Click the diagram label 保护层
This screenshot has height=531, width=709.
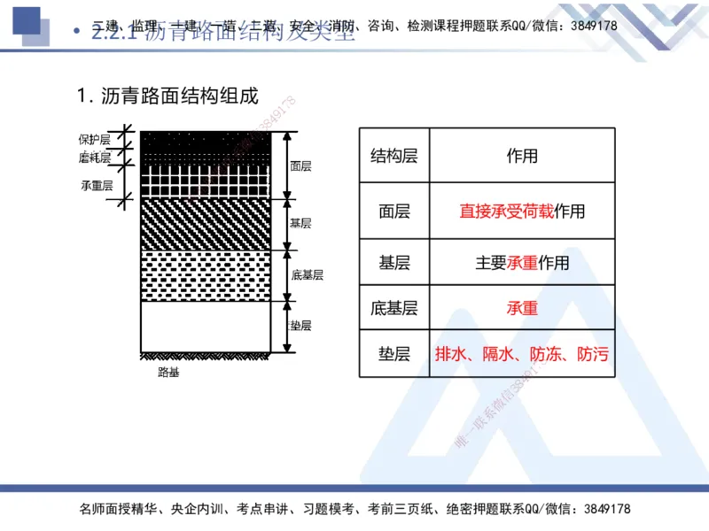[94, 139]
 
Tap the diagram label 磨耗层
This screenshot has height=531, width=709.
[94, 158]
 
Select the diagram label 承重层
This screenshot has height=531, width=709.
[97, 185]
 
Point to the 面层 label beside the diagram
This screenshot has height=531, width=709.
[300, 165]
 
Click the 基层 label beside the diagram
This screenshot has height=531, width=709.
[300, 223]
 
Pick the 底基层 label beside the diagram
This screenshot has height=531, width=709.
[307, 274]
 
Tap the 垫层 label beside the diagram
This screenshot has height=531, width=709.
[300, 325]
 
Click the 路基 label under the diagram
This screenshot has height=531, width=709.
[168, 373]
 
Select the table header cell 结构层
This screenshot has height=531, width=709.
[393, 156]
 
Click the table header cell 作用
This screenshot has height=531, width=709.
[522, 156]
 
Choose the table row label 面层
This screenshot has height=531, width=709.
[393, 211]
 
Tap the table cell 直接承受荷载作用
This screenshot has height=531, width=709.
[522, 211]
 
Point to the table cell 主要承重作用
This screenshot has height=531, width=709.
[522, 263]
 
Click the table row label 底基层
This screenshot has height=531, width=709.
[393, 308]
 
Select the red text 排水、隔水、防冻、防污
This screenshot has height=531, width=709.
[522, 355]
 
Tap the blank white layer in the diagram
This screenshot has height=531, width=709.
[206, 327]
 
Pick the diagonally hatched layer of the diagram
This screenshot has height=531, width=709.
[206, 223]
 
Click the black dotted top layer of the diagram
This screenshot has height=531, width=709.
[206, 140]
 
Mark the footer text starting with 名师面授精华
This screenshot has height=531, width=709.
[354, 509]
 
